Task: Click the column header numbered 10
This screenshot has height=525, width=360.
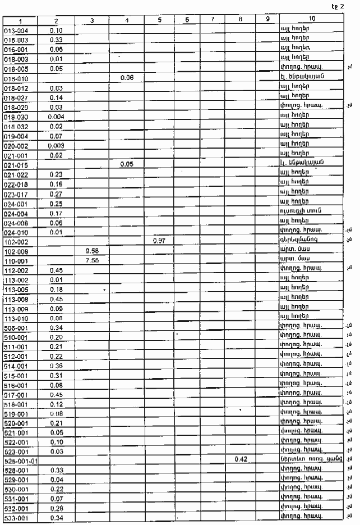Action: (311, 20)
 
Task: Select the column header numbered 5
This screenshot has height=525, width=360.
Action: (160, 20)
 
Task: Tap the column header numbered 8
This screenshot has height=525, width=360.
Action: (240, 20)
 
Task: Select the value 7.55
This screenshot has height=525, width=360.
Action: (92, 261)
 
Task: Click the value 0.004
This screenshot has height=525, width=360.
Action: (56, 116)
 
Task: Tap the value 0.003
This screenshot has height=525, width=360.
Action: (56, 145)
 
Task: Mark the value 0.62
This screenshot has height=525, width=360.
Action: (56, 155)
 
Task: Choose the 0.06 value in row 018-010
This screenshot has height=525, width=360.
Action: (127, 77)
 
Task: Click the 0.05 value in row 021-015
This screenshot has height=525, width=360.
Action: (127, 164)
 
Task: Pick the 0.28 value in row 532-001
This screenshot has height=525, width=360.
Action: (56, 508)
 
